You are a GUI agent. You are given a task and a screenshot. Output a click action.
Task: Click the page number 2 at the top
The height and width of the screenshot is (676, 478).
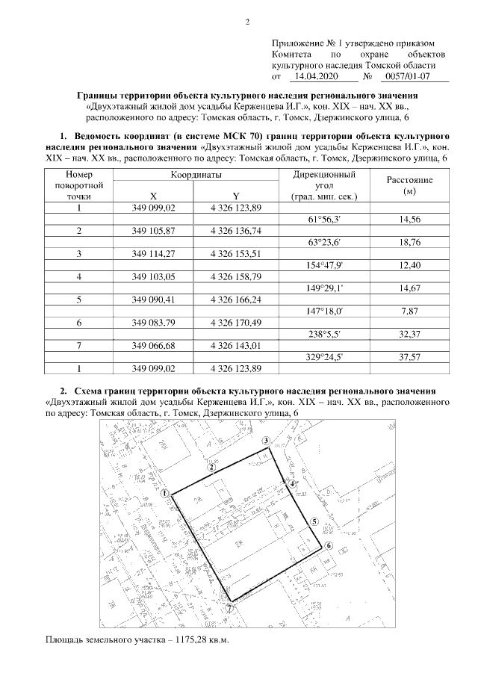click(x=246, y=20)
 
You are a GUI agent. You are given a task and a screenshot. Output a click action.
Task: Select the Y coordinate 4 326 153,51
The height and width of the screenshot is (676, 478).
click(x=236, y=254)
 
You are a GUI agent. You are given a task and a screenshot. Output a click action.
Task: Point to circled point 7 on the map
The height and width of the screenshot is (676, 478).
click(x=229, y=609)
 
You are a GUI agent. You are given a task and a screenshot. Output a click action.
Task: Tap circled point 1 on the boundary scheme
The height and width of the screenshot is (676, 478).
click(x=164, y=494)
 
